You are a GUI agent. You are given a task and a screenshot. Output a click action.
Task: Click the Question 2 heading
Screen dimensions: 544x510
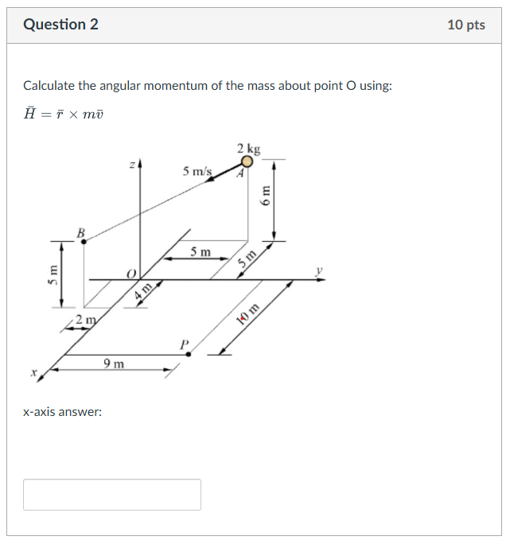point(61,25)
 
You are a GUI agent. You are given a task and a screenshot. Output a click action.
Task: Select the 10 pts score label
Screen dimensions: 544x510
point(465,25)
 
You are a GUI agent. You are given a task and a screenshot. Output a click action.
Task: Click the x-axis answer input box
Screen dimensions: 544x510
point(112,494)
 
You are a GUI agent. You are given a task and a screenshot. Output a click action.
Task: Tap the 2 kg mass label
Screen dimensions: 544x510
point(248,149)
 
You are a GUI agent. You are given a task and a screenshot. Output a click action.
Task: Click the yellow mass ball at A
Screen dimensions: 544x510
point(247,161)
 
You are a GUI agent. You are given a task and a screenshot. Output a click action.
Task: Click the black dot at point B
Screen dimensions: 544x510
point(84,241)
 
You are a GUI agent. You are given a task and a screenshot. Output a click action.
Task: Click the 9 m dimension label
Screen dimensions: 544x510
point(114,364)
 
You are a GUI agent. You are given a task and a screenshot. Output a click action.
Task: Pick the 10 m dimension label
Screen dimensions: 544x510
point(249,314)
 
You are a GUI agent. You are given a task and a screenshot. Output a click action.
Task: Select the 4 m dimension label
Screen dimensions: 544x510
point(143,290)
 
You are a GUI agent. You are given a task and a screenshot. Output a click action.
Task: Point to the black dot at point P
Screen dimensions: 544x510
point(188,354)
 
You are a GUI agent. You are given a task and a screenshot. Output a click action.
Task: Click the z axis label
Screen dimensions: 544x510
point(132,165)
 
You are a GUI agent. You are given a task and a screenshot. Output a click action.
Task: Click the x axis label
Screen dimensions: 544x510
point(34,371)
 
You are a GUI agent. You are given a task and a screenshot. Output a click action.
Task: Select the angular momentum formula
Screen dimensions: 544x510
point(64,114)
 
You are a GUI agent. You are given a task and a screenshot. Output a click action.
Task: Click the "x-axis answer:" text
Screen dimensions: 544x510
point(63,412)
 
